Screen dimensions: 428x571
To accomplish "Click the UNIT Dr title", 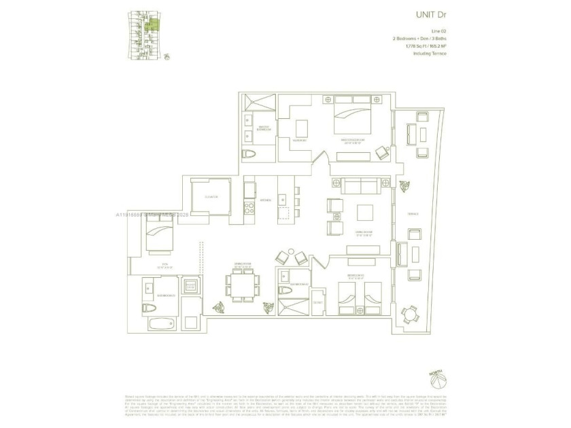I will (432, 14).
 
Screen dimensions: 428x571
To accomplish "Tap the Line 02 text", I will (438, 32).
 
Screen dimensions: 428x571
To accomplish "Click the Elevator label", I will (210, 197).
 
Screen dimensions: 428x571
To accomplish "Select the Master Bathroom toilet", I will (249, 154).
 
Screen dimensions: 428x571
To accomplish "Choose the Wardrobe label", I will (300, 141).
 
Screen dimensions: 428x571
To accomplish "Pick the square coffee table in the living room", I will (365, 213).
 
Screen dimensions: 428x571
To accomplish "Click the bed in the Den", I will (162, 238).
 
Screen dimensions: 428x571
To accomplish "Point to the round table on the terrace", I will (409, 313).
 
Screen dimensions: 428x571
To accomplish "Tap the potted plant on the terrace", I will (406, 185).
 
